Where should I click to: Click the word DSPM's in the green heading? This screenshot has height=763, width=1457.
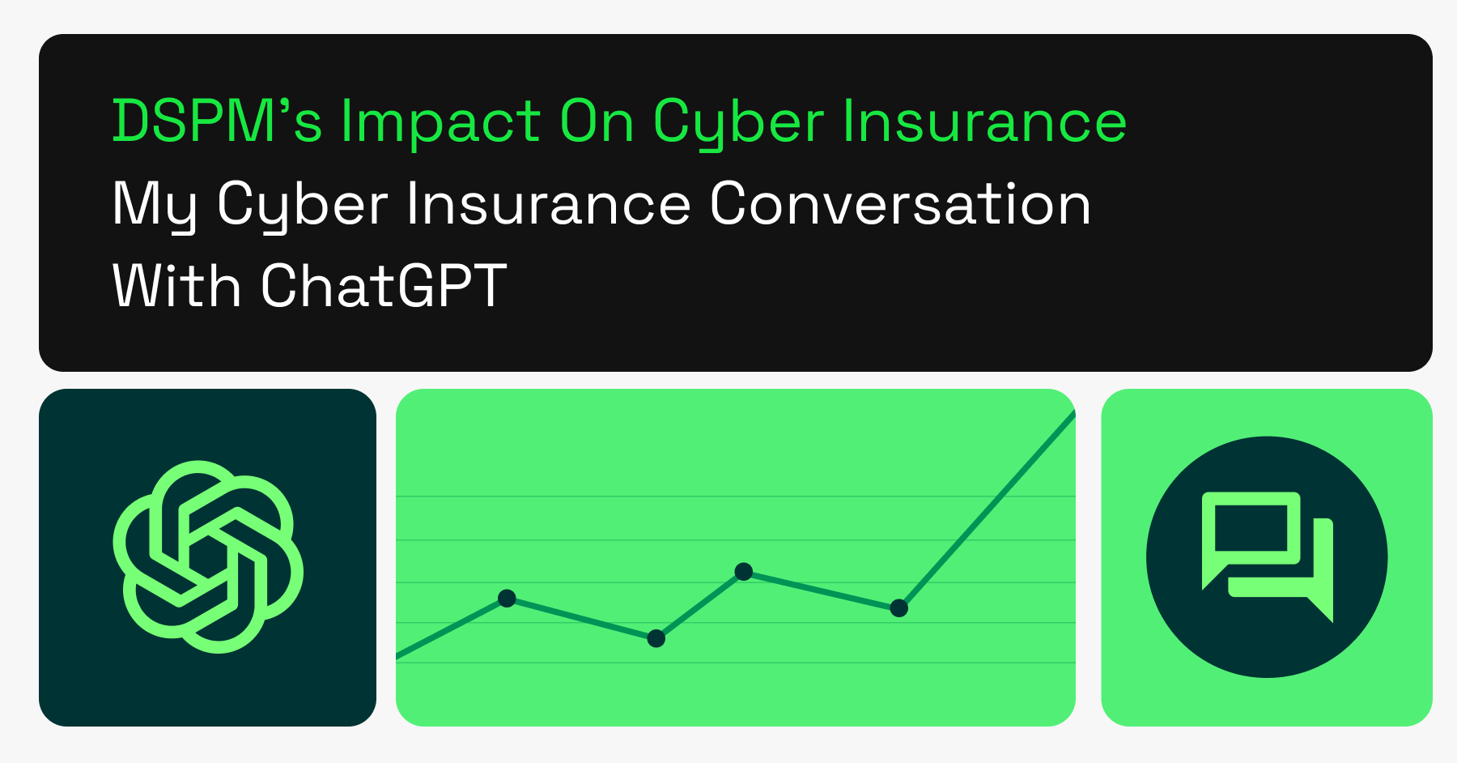(x=217, y=122)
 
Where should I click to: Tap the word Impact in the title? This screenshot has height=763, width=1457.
(x=440, y=122)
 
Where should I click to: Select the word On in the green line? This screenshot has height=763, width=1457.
(x=597, y=122)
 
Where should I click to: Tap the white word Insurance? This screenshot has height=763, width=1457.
(x=548, y=204)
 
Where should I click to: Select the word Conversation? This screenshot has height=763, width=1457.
(x=900, y=204)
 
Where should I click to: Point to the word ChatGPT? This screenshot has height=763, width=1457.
(x=384, y=286)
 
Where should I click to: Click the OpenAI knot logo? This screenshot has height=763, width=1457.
(x=208, y=556)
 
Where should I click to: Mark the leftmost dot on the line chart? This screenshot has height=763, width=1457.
(x=507, y=599)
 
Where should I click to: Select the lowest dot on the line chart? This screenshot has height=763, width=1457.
(x=656, y=639)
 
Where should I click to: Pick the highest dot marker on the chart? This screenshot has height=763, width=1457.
(x=743, y=572)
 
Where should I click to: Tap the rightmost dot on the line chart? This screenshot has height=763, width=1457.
(x=898, y=608)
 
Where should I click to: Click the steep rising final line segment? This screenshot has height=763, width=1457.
(x=988, y=510)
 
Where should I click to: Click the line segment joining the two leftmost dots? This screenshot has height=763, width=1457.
(x=581, y=619)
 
